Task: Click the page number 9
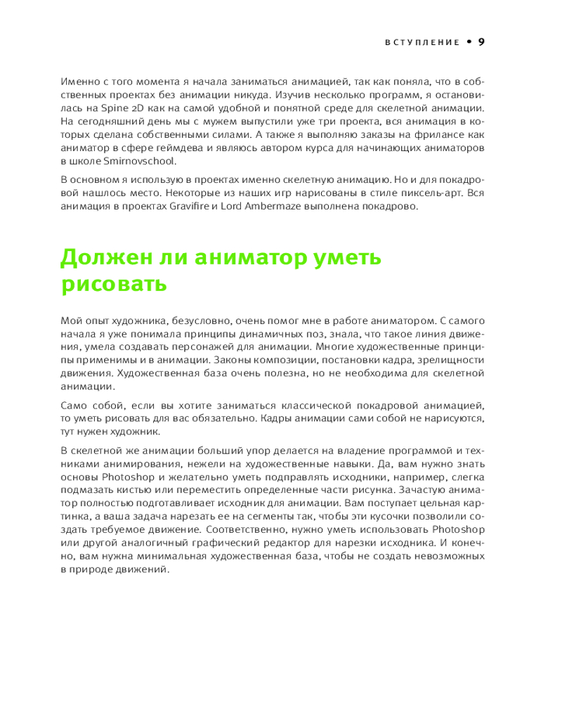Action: (x=481, y=41)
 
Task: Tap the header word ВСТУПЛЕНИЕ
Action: (x=421, y=42)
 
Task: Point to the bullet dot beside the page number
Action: (x=468, y=42)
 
